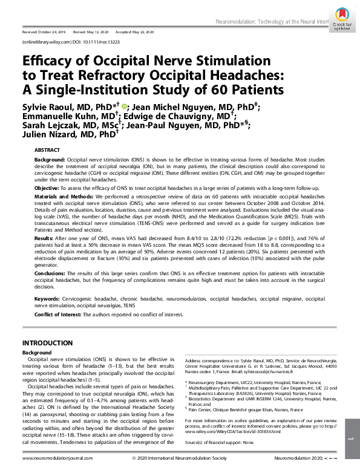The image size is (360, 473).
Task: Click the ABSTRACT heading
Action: tap(47, 149)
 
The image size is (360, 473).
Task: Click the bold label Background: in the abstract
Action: tap(49, 157)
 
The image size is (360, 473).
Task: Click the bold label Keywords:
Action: tap(47, 299)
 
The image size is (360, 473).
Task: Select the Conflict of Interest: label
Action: tap(60, 314)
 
